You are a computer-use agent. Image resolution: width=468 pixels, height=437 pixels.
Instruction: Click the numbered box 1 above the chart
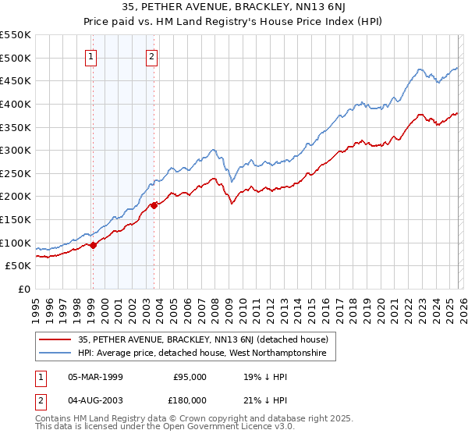(x=92, y=55)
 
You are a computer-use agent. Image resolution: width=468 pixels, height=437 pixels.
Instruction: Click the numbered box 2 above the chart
(x=151, y=55)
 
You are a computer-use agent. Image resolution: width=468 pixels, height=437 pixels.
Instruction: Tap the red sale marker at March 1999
(x=93, y=245)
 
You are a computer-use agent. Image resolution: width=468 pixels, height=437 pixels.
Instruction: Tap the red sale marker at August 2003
(x=154, y=205)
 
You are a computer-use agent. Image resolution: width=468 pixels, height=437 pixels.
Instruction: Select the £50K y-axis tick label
(x=18, y=266)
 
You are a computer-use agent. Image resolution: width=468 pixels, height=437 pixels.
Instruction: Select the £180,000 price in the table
(x=190, y=400)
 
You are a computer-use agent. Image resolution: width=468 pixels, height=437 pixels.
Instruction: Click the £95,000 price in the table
(x=190, y=377)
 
